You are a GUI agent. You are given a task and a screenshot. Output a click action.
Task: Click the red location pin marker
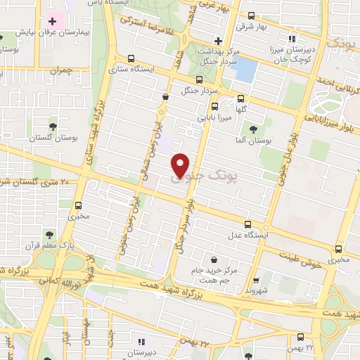click(x=181, y=165)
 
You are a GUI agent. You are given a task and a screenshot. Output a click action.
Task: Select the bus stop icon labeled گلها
click(x=241, y=98)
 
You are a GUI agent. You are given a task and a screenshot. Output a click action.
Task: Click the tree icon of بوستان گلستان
click(x=53, y=127)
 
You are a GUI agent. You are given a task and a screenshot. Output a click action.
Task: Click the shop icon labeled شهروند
click(x=256, y=279)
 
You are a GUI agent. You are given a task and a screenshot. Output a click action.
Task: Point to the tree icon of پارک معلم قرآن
click(x=49, y=235)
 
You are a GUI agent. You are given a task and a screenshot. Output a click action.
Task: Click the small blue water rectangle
click(x=245, y=70)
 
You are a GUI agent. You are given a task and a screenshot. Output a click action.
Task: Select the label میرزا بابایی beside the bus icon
click(x=209, y=117)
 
